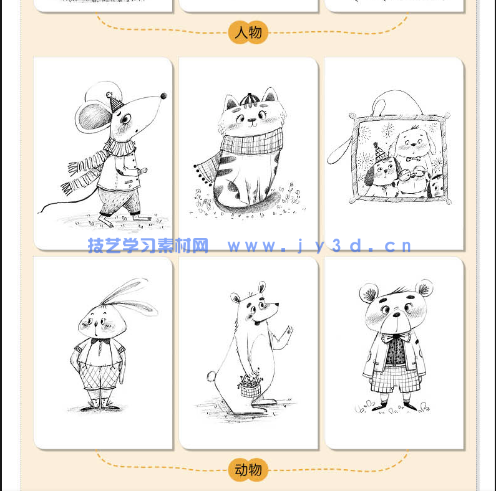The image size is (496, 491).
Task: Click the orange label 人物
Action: (x=248, y=32)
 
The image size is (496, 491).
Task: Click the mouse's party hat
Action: (x=116, y=102)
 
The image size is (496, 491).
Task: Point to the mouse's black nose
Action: (x=163, y=96)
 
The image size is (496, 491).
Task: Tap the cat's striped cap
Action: (x=248, y=100)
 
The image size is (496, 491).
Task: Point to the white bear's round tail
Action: (x=210, y=376)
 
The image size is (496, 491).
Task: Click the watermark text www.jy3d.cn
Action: (x=319, y=246)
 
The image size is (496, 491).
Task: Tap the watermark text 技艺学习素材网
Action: (x=148, y=246)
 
